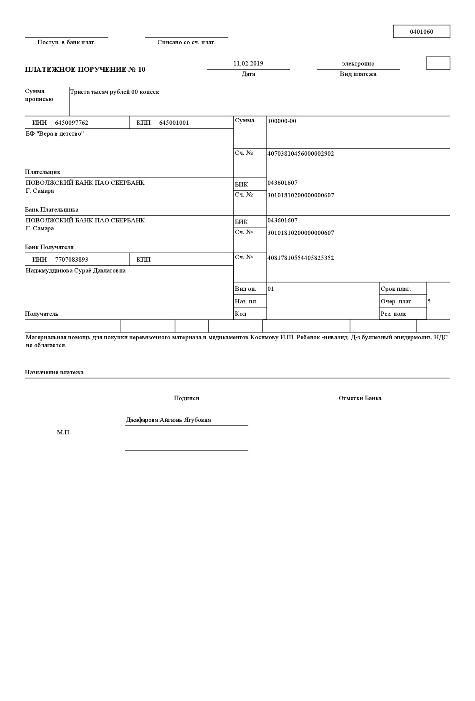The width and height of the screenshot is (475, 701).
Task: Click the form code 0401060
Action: point(421,32)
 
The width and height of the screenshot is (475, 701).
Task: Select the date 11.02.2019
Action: point(248,63)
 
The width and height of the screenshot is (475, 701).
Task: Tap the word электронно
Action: point(358,63)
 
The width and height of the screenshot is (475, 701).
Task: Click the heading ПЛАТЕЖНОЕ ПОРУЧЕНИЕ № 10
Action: point(85,69)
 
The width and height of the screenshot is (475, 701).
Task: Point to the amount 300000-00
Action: point(282,121)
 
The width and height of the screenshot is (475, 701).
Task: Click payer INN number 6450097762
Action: point(71,123)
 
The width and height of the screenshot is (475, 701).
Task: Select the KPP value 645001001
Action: point(174,123)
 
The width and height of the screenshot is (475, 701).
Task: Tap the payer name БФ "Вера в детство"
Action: point(55,134)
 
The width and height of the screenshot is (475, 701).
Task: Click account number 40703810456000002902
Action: point(300,154)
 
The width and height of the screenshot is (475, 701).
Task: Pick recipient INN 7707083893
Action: point(71,260)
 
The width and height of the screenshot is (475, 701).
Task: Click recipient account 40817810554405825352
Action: point(300,258)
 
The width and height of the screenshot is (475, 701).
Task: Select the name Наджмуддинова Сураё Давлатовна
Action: point(75,270)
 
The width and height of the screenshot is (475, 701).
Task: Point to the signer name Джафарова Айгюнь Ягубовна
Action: point(168,420)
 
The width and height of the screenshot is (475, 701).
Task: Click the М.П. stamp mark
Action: point(64,432)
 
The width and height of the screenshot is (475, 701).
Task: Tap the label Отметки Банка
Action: point(360,398)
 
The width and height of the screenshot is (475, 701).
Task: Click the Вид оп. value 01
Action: point(271,289)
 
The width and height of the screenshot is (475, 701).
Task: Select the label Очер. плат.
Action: point(396,301)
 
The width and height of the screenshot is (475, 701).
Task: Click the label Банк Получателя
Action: point(49,247)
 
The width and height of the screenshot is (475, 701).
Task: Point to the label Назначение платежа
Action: point(54,372)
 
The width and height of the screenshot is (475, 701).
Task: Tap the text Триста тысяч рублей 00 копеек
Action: point(115,92)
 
